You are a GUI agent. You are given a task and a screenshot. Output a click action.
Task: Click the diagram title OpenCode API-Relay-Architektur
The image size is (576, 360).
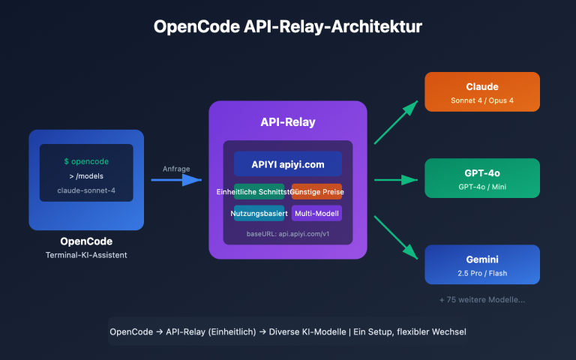pyautogui.click(x=288, y=27)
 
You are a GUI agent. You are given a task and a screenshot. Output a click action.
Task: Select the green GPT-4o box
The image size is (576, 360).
pyautogui.click(x=482, y=178)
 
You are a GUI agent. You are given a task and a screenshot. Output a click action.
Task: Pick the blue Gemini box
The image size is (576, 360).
pyautogui.click(x=482, y=264)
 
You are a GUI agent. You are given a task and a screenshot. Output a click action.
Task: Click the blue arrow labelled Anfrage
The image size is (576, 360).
pyautogui.click(x=177, y=180)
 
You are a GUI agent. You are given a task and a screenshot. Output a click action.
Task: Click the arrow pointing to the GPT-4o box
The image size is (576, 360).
pyautogui.click(x=395, y=180)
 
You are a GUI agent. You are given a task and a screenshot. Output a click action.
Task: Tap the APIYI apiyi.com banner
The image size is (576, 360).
pyautogui.click(x=287, y=164)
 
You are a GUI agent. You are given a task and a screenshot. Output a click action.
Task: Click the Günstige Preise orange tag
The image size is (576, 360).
pyautogui.click(x=316, y=193)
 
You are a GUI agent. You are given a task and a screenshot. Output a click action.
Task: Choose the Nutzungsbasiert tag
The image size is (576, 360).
pyautogui.click(x=259, y=214)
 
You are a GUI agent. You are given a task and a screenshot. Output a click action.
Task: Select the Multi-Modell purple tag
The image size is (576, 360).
pyautogui.click(x=316, y=214)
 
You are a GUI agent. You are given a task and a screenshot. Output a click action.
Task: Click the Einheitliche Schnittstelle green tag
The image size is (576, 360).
pyautogui.click(x=259, y=193)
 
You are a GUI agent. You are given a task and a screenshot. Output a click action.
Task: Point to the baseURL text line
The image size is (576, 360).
pyautogui.click(x=287, y=234)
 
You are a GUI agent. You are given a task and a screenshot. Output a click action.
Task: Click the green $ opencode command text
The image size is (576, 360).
pyautogui.click(x=86, y=161)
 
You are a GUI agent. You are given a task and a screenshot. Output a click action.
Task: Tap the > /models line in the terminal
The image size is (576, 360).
pyautogui.click(x=86, y=176)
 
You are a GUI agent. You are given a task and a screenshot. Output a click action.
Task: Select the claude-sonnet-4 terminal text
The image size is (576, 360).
pyautogui.click(x=86, y=190)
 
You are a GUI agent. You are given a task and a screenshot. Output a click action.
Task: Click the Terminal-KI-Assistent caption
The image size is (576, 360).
pyautogui.click(x=86, y=256)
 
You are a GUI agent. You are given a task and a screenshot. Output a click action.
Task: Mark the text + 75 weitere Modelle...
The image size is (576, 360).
pyautogui.click(x=482, y=299)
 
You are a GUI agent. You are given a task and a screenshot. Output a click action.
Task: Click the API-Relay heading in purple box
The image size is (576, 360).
pyautogui.click(x=287, y=122)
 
